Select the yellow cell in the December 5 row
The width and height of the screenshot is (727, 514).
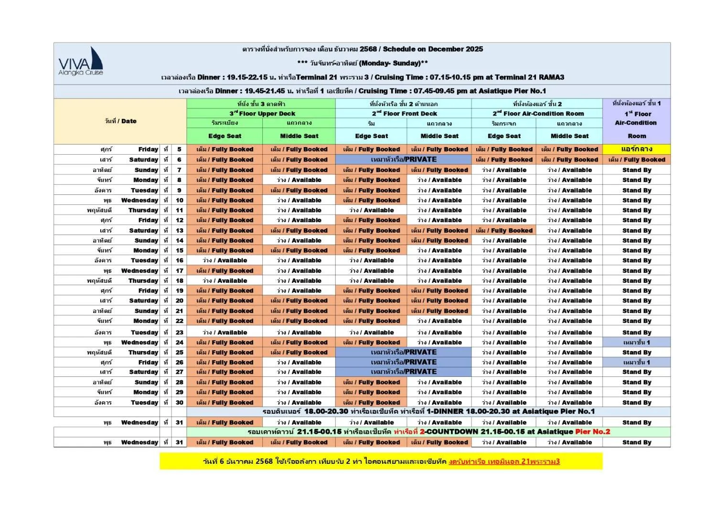tap(636, 149)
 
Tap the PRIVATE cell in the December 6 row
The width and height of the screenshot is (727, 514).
tap(403, 160)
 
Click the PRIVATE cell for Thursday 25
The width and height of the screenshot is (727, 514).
tap(403, 352)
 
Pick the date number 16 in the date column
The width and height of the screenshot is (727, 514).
tap(179, 260)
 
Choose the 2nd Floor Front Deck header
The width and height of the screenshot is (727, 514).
tap(404, 114)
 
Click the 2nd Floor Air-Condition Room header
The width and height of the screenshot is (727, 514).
tap(537, 114)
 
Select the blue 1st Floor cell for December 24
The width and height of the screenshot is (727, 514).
tap(636, 342)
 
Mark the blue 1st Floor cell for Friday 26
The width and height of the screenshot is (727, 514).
tap(636, 362)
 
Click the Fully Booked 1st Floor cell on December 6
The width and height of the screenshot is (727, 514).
tap(636, 160)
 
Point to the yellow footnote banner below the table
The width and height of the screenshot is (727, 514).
tap(381, 461)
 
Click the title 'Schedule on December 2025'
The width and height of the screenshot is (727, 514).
tap(432, 49)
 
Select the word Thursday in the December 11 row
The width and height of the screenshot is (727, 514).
tap(143, 210)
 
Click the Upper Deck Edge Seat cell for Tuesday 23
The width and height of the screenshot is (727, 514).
tap(225, 332)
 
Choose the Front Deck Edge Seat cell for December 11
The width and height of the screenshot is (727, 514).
tap(371, 210)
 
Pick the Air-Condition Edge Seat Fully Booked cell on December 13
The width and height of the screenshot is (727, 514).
tap(504, 230)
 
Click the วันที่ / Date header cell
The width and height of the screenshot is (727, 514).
tap(120, 121)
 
